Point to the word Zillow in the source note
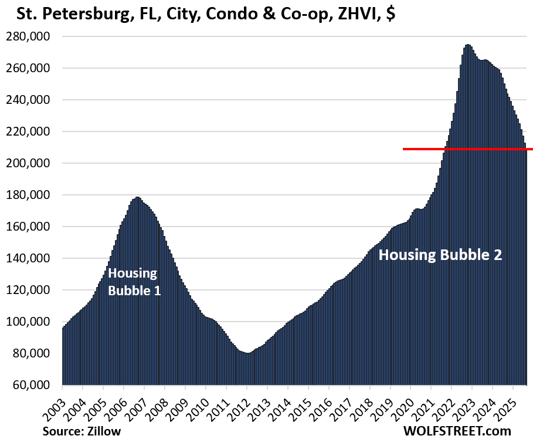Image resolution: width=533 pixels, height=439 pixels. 105,430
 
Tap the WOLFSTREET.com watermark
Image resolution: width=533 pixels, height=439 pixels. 457,430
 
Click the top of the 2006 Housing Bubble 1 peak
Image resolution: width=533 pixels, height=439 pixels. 137,197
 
